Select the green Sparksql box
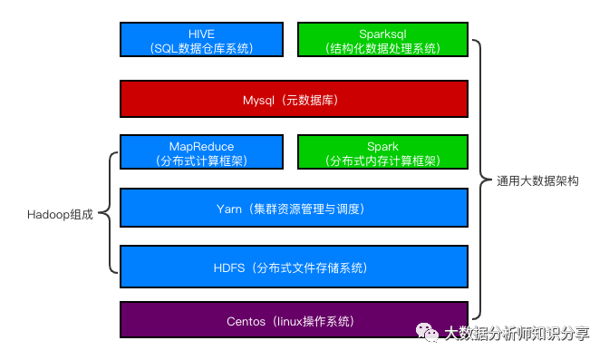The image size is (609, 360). tap(382, 40)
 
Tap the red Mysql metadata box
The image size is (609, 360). tap(294, 98)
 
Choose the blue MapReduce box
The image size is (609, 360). tap(201, 152)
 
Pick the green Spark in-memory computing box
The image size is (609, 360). tap(382, 152)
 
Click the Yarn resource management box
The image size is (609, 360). tap(294, 209)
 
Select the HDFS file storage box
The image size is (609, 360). tap(294, 267)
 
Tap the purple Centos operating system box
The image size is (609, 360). tap(294, 320)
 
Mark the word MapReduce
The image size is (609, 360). tap(201, 146)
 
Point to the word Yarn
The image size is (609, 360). tap(229, 209)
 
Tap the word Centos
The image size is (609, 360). tap(246, 321)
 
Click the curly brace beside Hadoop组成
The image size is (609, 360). tap(111, 213)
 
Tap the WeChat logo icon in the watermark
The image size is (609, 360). tap(426, 333)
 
